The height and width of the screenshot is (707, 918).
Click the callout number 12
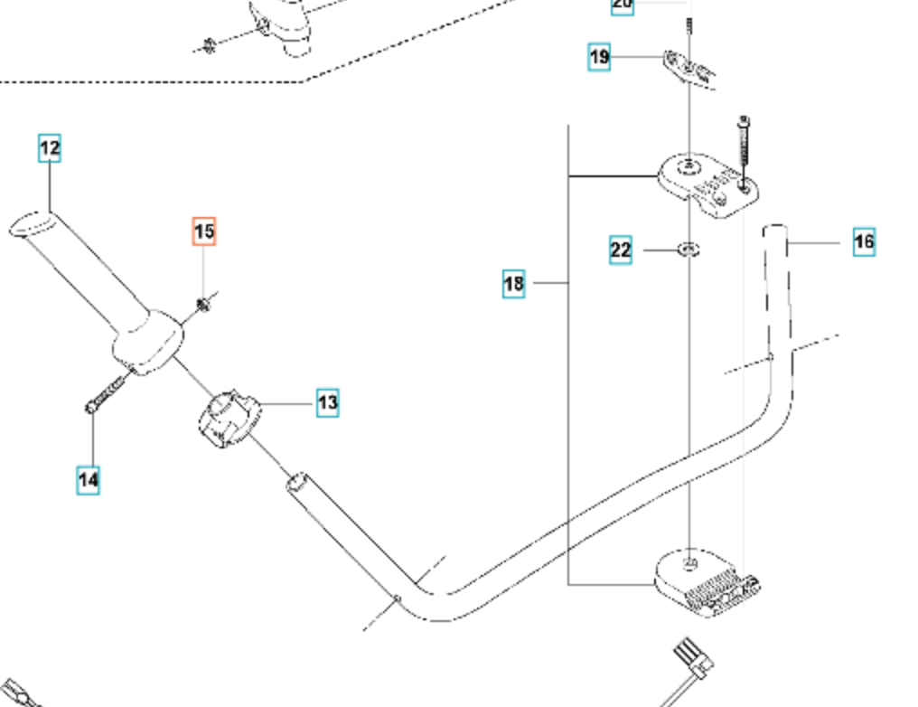click(50, 147)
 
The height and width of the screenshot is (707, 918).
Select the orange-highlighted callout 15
click(204, 231)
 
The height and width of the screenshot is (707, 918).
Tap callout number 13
click(327, 402)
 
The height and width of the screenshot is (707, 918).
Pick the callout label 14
click(88, 479)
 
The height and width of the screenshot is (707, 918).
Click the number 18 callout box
click(513, 284)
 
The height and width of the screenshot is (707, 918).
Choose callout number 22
click(620, 250)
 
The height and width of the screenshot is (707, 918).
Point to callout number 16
click(864, 241)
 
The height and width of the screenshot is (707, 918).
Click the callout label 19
click(599, 57)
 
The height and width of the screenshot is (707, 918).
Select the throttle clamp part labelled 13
click(227, 419)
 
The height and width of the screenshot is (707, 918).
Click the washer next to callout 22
click(688, 249)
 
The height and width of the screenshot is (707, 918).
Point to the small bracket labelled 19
click(689, 67)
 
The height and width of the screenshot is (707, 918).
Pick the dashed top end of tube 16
click(776, 232)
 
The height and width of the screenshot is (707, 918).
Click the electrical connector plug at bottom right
click(692, 658)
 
